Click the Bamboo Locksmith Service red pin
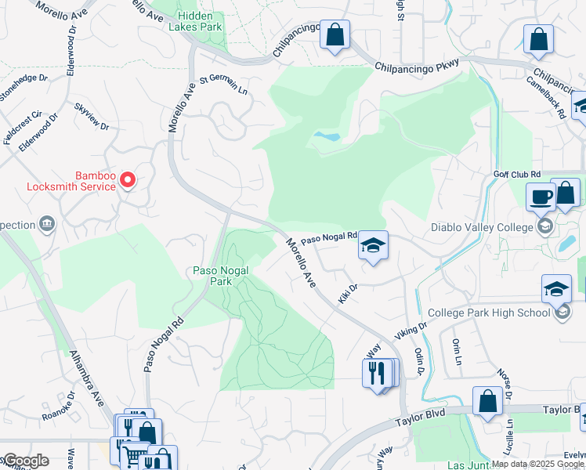click(128, 180)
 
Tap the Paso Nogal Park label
click(221, 276)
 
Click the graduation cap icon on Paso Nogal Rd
click(373, 246)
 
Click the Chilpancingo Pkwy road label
click(418, 67)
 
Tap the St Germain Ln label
click(224, 84)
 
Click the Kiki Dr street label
click(348, 295)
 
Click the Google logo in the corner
click(26, 461)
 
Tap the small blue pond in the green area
click(327, 136)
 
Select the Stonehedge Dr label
click(24, 94)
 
